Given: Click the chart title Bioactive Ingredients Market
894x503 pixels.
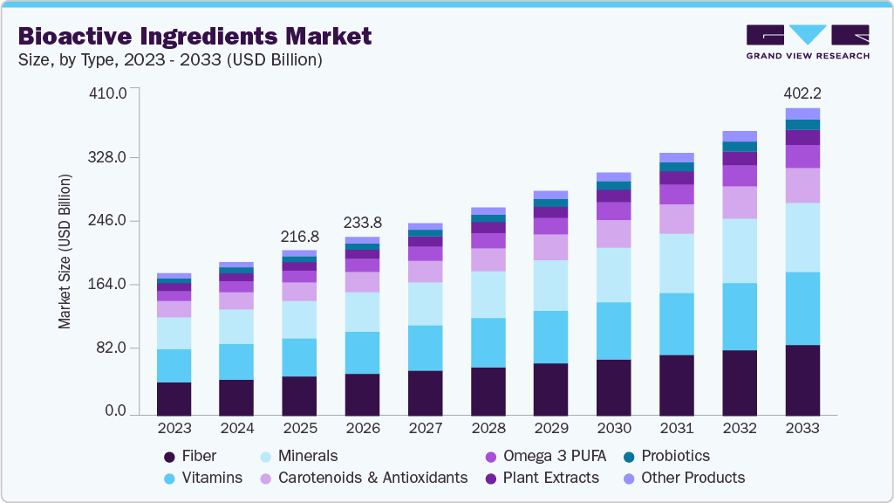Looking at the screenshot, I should (194, 36).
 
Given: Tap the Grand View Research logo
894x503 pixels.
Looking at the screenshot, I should (807, 40).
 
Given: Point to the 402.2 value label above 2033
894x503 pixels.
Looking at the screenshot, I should (802, 92).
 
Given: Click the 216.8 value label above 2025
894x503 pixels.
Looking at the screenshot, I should (299, 236).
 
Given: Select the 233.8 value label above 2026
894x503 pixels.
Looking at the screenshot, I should (362, 222).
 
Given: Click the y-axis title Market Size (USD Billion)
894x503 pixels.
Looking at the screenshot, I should (65, 251).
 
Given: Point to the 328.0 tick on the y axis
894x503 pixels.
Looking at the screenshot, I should (109, 157).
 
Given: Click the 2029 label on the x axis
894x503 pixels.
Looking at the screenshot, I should (550, 429).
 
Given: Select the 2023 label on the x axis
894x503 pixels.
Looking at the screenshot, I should (174, 429).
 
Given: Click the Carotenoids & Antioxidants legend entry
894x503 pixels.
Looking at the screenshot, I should (372, 478).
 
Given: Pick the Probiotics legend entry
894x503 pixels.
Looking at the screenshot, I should (675, 456).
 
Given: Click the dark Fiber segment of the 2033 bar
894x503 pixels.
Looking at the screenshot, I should (802, 380).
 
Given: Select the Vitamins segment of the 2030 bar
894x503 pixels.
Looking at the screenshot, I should (614, 331).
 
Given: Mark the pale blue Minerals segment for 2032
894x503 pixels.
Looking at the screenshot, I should (740, 251).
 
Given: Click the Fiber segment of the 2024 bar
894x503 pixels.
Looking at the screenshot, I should (236, 397).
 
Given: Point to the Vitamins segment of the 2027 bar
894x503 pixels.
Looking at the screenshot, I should (425, 348).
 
